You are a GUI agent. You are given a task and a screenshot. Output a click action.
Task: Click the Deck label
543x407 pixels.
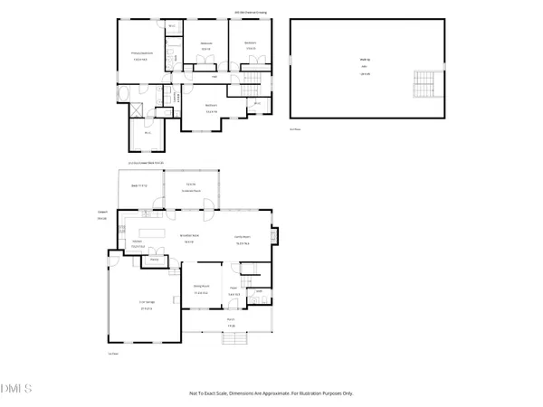[x=138, y=185]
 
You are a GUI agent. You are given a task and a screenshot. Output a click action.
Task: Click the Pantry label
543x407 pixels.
[x=155, y=260]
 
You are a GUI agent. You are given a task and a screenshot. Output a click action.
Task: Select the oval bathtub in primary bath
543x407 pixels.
[x=123, y=94]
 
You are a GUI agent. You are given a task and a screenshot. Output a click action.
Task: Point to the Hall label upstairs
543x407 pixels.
[x=214, y=77]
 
